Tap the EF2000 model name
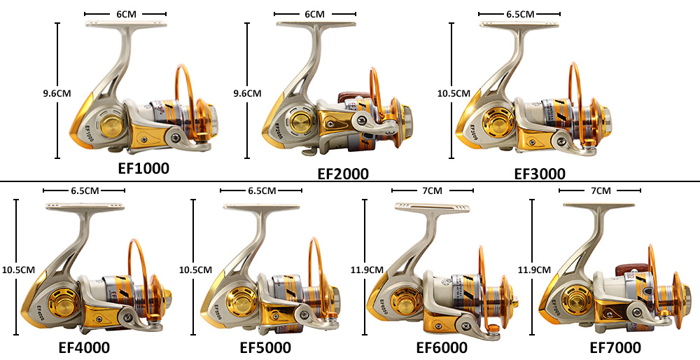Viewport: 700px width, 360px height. point(343,174)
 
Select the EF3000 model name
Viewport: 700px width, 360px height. point(540,174)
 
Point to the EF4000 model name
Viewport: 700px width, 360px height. point(84,347)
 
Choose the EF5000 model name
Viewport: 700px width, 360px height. point(265,347)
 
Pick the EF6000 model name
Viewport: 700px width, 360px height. point(442,347)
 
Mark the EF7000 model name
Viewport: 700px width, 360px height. point(615,347)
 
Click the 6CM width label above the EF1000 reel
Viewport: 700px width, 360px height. point(125,14)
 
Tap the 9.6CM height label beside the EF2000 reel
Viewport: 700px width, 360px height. point(247,92)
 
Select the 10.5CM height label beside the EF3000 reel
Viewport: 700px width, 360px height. point(451,92)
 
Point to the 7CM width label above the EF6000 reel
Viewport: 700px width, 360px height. point(433,191)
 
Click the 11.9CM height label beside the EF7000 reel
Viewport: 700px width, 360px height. point(532,269)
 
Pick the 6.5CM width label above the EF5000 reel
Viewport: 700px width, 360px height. point(261,191)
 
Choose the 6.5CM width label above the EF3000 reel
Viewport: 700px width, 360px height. point(520,14)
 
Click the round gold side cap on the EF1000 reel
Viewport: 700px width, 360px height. point(110,128)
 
